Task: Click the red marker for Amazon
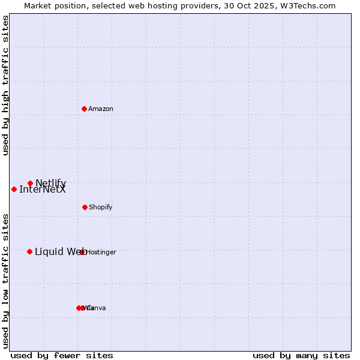[x=84, y=109]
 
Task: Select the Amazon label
[x=101, y=109]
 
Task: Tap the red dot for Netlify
[x=30, y=183]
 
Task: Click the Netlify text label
[x=51, y=183]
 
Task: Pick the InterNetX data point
[x=14, y=189]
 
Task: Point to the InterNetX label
[x=43, y=190]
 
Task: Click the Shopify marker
[x=85, y=207]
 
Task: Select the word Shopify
[x=101, y=207]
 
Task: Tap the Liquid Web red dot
[x=29, y=251]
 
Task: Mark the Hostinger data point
[x=82, y=252]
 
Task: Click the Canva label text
[x=96, y=308]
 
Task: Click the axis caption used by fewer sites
[x=62, y=355]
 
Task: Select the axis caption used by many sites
[x=301, y=355]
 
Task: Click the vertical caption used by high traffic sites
[x=6, y=86]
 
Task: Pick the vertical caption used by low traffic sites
[x=6, y=281]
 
